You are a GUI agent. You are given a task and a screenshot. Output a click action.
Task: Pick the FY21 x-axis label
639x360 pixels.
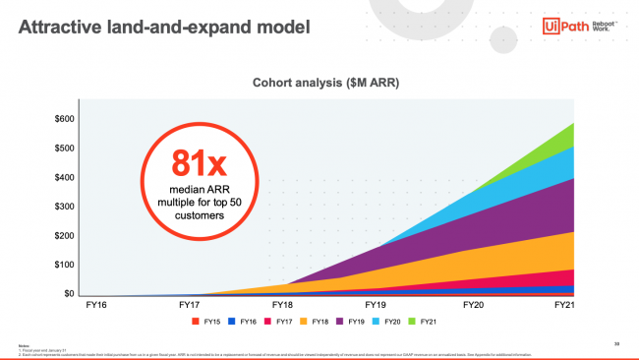[x=564, y=306]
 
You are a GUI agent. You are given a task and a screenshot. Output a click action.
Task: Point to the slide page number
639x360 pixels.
[x=615, y=343]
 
